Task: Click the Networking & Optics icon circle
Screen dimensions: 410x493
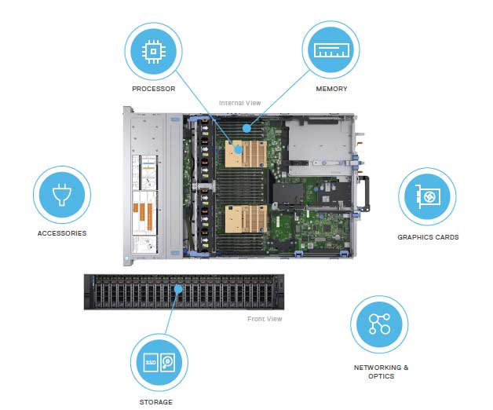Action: [x=379, y=324]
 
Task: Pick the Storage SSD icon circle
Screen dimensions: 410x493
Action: [x=160, y=361]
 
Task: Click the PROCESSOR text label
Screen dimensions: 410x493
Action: [x=153, y=89]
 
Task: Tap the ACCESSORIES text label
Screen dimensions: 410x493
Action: [x=62, y=233]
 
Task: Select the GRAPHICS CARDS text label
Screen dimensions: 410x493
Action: [x=428, y=236]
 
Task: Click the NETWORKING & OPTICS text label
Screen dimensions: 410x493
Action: [x=382, y=372]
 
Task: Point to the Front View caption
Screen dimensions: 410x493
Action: [x=265, y=319]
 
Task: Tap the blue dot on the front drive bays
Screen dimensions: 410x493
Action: [x=178, y=288]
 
